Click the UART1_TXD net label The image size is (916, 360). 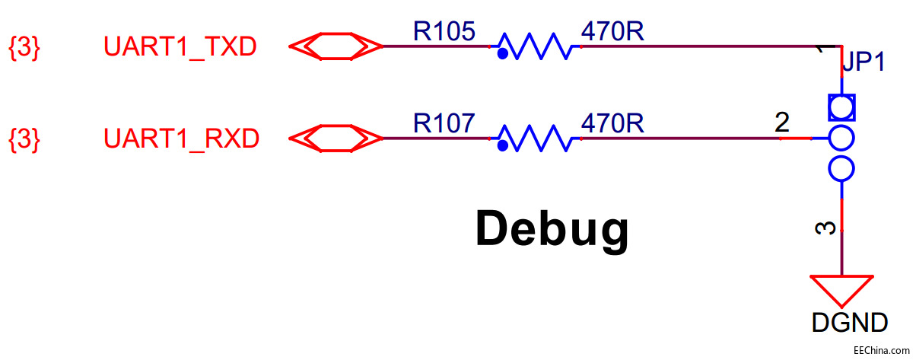coord(180,47)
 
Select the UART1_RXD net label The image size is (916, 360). coord(181,139)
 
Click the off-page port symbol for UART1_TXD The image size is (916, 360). coord(336,46)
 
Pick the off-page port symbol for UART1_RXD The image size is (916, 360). coord(336,139)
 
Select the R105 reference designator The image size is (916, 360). coord(444,30)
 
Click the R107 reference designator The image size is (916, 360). coord(444,123)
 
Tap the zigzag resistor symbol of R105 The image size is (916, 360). coord(536,48)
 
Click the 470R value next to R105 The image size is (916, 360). coord(612,30)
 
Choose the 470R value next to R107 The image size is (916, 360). coord(612,123)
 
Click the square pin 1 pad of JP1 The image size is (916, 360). coord(841,107)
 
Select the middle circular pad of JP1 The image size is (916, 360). coord(841,139)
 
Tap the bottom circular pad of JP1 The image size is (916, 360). coord(841,168)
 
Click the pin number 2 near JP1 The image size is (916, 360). coord(782,123)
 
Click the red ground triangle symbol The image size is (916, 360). coord(841,291)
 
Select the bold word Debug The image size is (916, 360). coord(552,228)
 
